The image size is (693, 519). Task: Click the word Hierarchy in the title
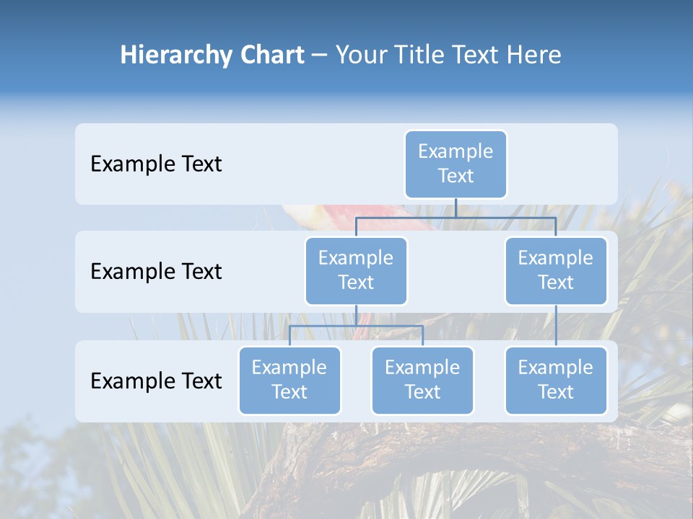click(165, 56)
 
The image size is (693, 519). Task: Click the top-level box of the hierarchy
click(456, 164)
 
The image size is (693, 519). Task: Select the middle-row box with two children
click(356, 271)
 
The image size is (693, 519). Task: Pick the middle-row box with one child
click(556, 271)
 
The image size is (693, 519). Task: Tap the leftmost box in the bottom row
click(289, 381)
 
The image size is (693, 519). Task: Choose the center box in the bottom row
click(422, 381)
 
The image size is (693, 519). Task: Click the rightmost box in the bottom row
click(556, 381)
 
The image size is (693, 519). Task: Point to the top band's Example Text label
click(156, 164)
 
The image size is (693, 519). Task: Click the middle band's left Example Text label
click(156, 272)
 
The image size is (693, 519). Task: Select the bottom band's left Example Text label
click(156, 381)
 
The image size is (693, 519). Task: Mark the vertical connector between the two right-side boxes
click(556, 325)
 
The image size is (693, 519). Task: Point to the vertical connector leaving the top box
click(456, 208)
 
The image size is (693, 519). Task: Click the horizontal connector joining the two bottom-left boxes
click(356, 326)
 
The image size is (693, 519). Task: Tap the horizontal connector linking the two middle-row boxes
click(456, 217)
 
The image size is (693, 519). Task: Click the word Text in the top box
click(456, 176)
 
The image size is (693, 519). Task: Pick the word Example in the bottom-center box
click(422, 368)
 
